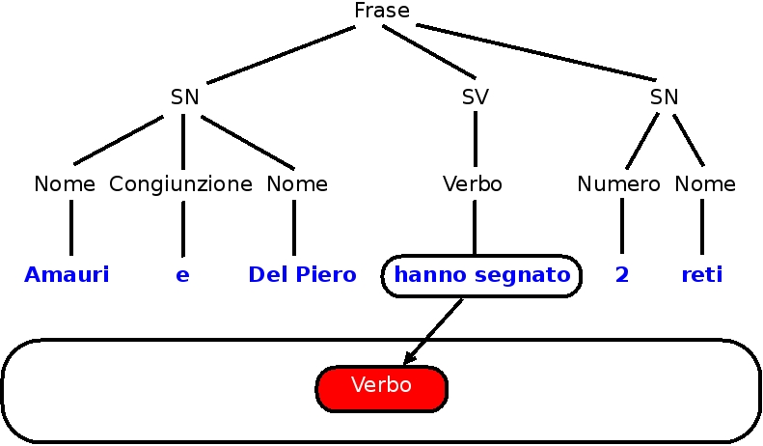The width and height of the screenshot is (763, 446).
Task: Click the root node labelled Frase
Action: point(382,11)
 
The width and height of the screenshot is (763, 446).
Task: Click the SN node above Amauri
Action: point(184,97)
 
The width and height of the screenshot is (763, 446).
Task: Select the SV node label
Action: point(475,97)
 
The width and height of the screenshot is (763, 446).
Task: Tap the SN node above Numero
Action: point(664,97)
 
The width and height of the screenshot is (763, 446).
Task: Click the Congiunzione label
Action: point(181,183)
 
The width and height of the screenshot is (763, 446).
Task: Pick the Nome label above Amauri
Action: point(65,183)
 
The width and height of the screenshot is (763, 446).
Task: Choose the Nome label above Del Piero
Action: point(297,183)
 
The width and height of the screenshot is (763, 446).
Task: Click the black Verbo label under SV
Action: point(473,183)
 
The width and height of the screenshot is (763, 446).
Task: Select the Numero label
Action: point(619,183)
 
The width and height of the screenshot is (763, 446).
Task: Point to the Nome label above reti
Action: point(705,183)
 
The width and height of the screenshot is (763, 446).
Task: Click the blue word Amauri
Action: point(67,275)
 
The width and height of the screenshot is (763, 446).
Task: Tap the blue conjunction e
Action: point(182,275)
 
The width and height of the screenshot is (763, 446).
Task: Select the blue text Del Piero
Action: point(302,275)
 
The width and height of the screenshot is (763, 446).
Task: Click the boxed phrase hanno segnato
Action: point(482,275)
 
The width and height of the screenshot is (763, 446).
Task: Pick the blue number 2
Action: point(621,275)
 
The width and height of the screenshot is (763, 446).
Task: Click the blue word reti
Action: point(701,275)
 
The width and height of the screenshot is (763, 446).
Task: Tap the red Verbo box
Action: point(382,386)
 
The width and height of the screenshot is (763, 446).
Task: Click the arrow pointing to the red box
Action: point(434,330)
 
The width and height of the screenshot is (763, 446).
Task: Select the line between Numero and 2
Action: point(621,228)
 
